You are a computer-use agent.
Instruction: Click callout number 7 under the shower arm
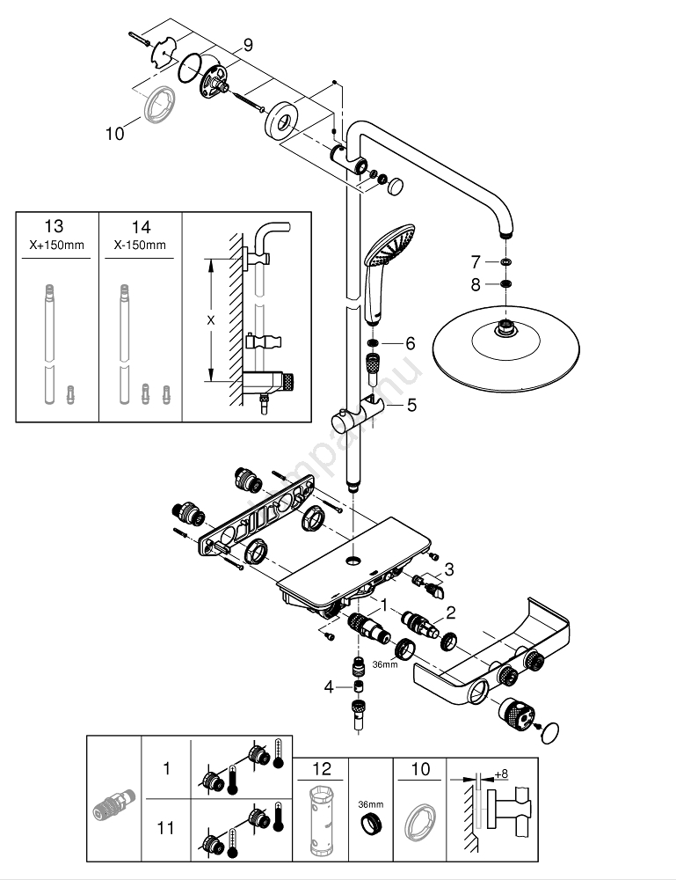coord(476,261)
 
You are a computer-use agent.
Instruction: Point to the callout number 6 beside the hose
coord(410,342)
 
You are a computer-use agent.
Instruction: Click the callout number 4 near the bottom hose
coord(329,686)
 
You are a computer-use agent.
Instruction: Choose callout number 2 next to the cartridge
coord(450,612)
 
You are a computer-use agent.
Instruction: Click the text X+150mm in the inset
coord(57,245)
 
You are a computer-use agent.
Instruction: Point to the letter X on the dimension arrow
coord(210,320)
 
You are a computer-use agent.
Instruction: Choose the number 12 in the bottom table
coord(323,770)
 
